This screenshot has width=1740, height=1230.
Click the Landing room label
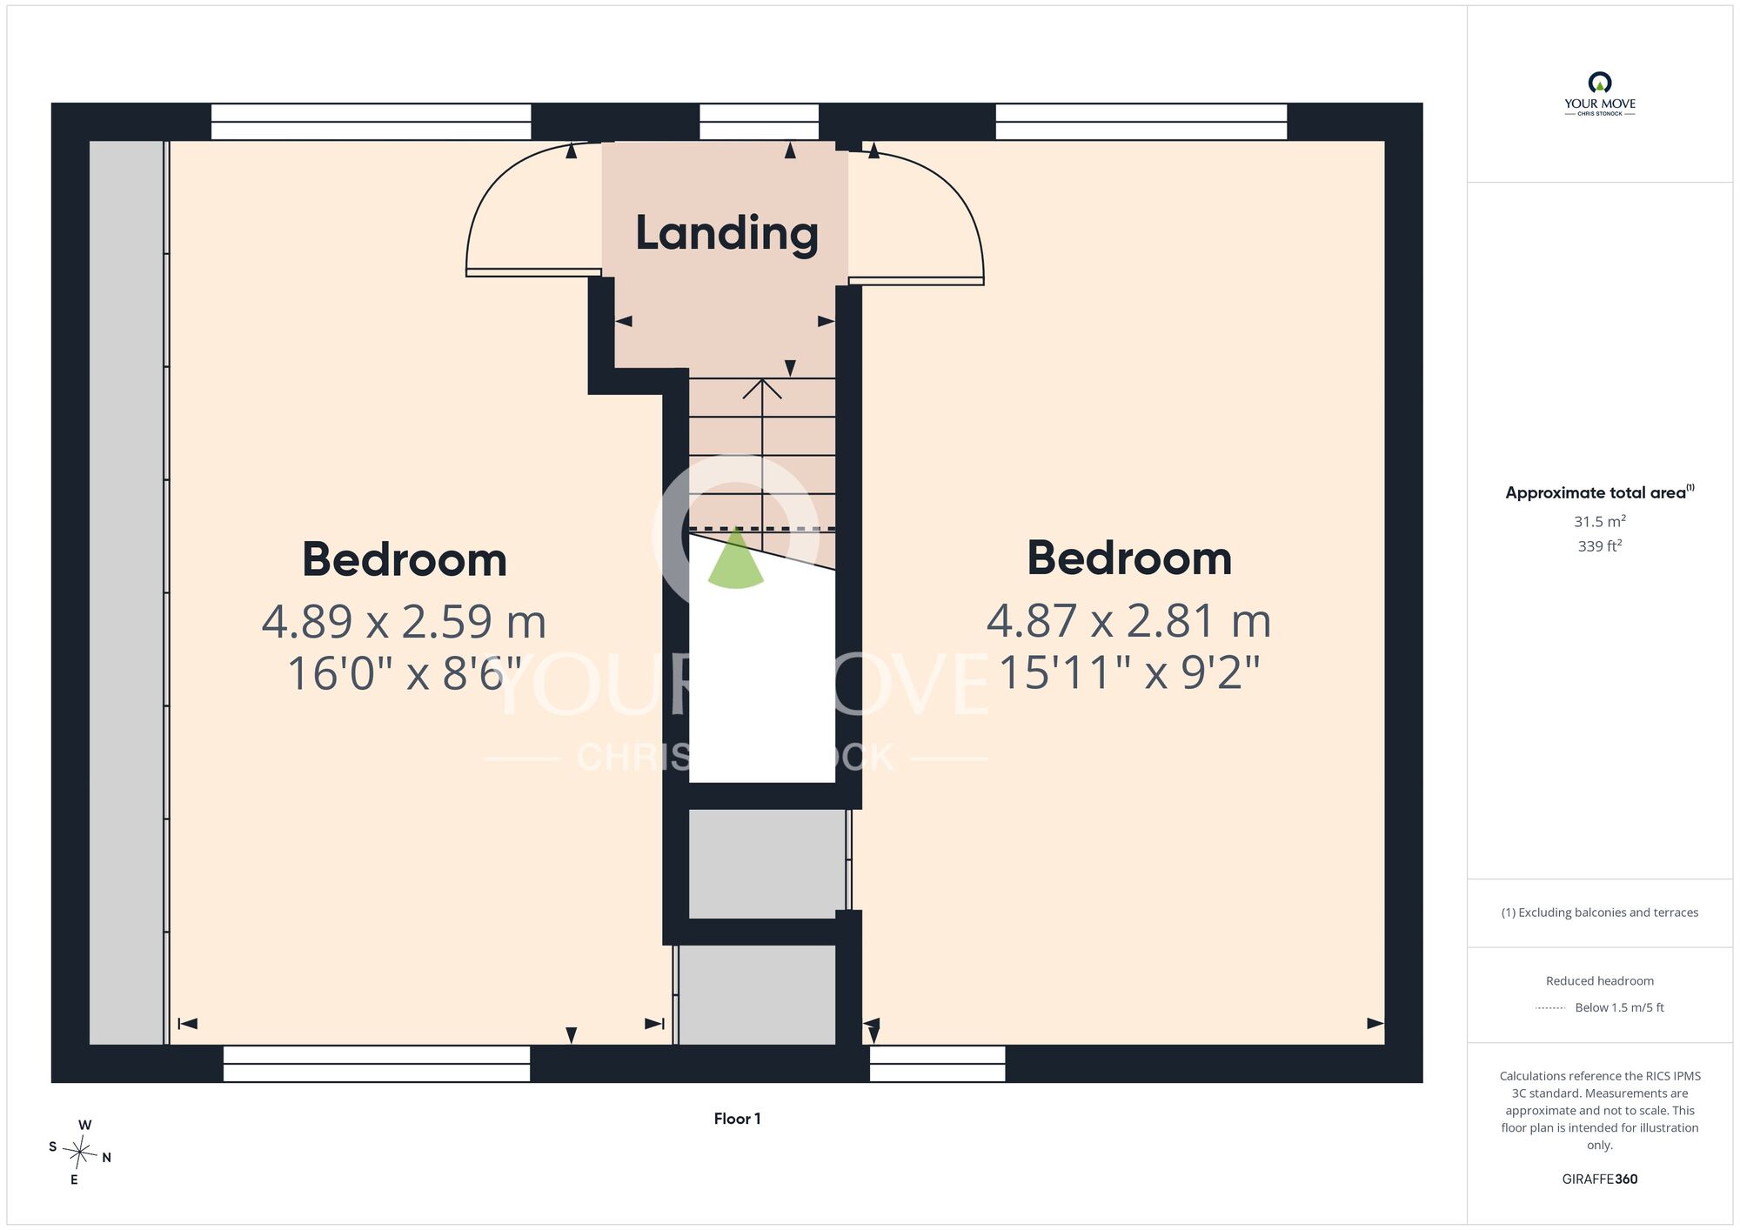point(726,233)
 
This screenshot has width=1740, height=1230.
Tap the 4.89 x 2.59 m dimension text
point(404,621)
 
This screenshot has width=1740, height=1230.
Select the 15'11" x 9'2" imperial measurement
point(1128,672)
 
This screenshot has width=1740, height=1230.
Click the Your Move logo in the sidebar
point(1599,94)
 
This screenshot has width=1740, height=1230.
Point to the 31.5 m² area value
point(1599,521)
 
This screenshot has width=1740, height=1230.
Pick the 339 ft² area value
point(1599,545)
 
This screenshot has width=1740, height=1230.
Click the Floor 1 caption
point(737,1119)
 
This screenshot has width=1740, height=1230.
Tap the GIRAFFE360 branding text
point(1599,1180)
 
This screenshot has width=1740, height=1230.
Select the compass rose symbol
point(80,1153)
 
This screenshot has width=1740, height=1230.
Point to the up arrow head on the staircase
point(762,388)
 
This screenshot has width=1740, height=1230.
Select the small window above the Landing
point(760,122)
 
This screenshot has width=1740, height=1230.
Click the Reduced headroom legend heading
point(1599,981)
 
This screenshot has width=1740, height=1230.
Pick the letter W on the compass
point(84,1125)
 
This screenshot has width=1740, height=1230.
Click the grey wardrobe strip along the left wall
point(127,592)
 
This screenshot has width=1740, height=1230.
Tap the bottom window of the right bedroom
point(938,1064)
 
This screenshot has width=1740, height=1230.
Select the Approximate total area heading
point(1599,492)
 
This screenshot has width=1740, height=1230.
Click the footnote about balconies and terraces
point(1599,912)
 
